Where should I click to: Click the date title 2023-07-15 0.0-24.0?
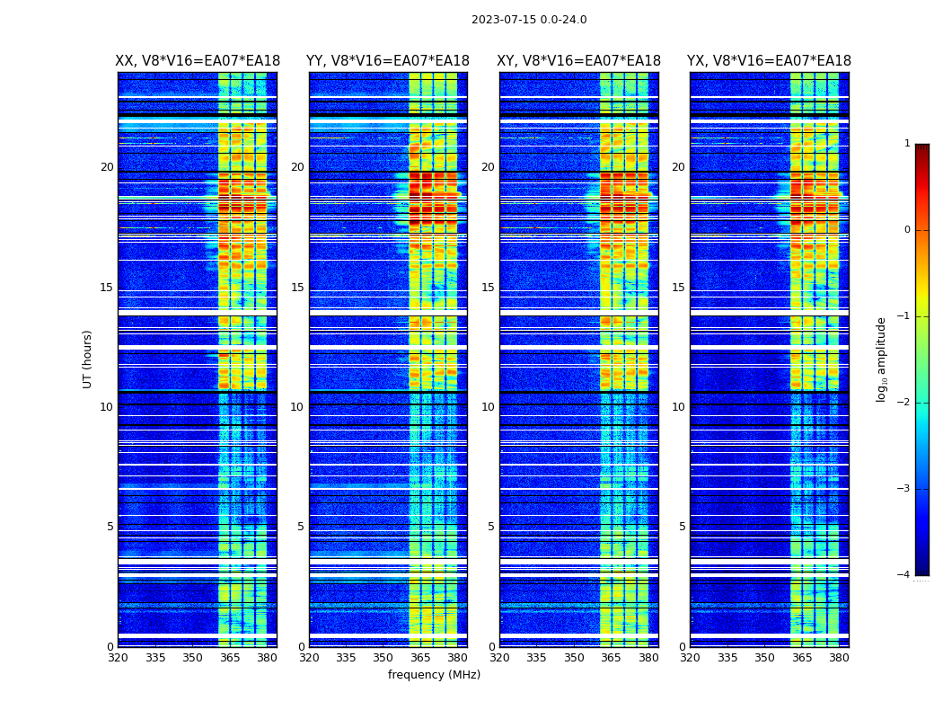coord(529,20)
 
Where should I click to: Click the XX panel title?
coord(198,61)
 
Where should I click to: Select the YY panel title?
coord(388,61)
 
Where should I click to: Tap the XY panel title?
coord(579,61)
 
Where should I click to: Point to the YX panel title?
coord(769,61)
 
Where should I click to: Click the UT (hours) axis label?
coord(87,359)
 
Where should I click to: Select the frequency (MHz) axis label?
coord(434,675)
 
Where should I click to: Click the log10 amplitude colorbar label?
coord(881,359)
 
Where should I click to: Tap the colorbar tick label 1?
coord(907,144)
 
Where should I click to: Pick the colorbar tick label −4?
coord(904,575)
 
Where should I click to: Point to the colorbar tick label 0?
coord(907,230)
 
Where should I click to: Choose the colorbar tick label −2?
coord(904,403)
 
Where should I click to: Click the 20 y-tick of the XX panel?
coord(107,167)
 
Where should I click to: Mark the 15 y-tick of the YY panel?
coord(297,288)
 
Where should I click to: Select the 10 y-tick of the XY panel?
coord(488,407)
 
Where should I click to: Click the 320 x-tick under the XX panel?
coord(118,658)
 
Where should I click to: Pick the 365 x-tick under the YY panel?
coord(420,658)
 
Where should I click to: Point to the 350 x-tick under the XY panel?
coord(574,658)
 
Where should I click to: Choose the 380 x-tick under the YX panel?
coord(839,658)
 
